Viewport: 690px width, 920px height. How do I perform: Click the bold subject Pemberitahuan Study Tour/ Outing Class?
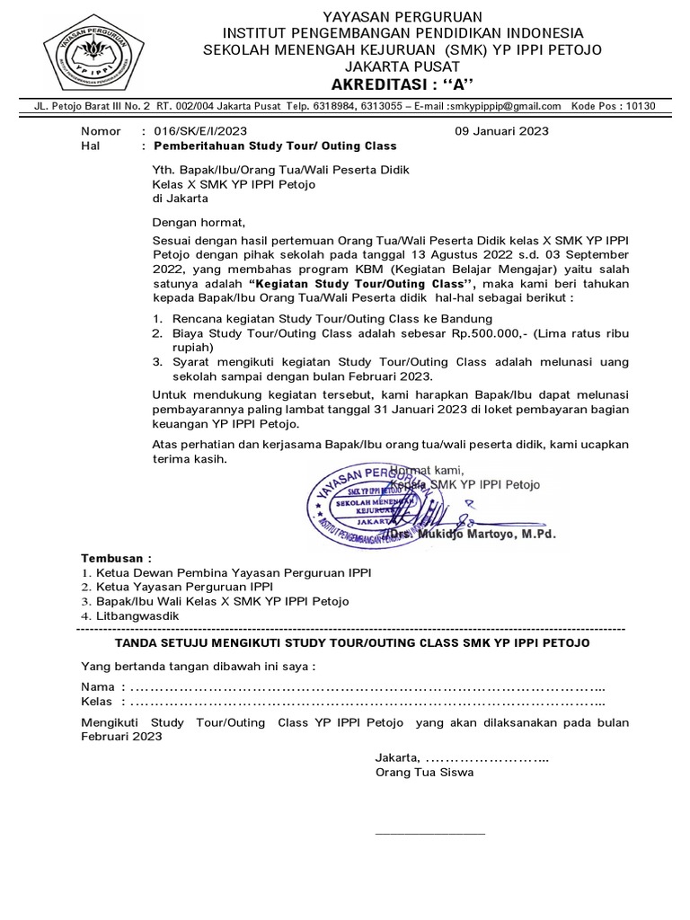click(x=275, y=145)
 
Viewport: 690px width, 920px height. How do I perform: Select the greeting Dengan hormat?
click(x=198, y=223)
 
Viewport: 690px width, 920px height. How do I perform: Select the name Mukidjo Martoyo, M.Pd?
click(x=485, y=534)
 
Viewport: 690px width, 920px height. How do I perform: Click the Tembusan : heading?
click(x=117, y=557)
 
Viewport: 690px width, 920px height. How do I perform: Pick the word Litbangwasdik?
click(x=137, y=615)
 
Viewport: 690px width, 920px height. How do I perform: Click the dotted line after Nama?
click(x=368, y=687)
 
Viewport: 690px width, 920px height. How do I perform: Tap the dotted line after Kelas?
click(x=368, y=702)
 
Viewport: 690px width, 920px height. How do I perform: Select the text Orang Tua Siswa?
click(x=424, y=772)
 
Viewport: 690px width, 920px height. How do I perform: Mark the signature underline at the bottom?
click(x=429, y=833)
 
